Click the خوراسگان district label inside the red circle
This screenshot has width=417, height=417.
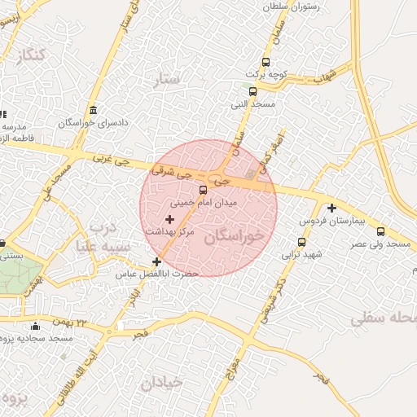pos(235,237)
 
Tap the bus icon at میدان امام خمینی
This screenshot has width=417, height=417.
pos(204,190)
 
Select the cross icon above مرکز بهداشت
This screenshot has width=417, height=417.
pos(169,219)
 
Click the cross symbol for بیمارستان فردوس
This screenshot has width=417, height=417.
pos(331,208)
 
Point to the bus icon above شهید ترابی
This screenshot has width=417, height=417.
pos(302,242)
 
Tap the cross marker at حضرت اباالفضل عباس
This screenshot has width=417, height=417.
pos(156,261)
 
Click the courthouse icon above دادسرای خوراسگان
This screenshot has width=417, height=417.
pos(93,111)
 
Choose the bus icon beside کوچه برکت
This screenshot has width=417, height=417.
pos(266,63)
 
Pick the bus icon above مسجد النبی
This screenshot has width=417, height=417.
pos(252,91)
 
